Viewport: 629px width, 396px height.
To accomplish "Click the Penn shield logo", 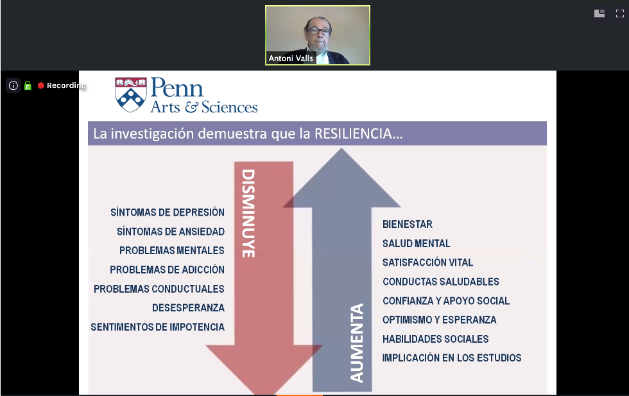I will [x=130, y=95].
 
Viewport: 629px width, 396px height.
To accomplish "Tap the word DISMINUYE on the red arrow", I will [x=248, y=213].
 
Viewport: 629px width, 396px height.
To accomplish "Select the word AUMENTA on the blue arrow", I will [x=358, y=343].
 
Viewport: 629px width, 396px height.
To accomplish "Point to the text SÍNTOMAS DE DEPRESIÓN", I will [x=168, y=212].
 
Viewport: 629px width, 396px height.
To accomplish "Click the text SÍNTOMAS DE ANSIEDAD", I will [x=171, y=232].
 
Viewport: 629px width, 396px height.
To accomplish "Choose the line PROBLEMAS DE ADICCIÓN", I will [x=167, y=270].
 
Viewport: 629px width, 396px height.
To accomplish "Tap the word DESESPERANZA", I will [x=188, y=308].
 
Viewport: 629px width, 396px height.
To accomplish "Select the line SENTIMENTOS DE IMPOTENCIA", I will [x=157, y=327].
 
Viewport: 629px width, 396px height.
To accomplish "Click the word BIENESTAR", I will [x=408, y=225].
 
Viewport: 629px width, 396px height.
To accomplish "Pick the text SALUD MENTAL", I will [x=417, y=243].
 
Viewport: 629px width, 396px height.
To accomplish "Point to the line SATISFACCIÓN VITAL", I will [x=427, y=263].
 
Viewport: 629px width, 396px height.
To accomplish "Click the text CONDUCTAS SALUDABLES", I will [x=440, y=282].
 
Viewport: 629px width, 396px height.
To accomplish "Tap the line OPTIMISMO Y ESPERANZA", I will [x=439, y=320].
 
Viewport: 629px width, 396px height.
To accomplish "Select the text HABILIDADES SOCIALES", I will [x=435, y=339].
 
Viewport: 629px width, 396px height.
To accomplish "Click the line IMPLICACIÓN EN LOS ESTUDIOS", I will [x=452, y=358].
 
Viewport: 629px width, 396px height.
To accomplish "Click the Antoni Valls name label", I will [x=291, y=58].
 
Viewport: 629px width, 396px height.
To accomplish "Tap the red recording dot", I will [x=40, y=85].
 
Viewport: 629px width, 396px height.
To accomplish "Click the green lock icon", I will [x=28, y=85].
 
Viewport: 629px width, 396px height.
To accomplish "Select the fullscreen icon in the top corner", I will [x=620, y=13].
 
